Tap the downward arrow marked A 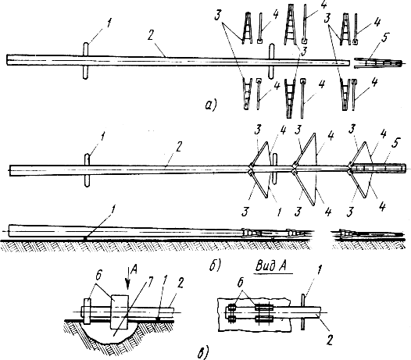[x=127, y=279]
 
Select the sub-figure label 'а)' [x=210, y=105]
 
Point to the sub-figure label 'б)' [x=215, y=266]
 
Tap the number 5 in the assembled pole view [x=397, y=144]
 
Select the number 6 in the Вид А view [x=241, y=282]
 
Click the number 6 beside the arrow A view [x=98, y=276]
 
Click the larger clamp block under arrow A [x=120, y=312]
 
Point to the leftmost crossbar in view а [x=86, y=61]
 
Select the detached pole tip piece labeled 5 [x=378, y=63]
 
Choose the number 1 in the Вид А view [x=319, y=271]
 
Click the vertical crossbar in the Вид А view [x=304, y=312]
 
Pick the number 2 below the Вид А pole [x=330, y=340]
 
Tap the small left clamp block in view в [x=88, y=312]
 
